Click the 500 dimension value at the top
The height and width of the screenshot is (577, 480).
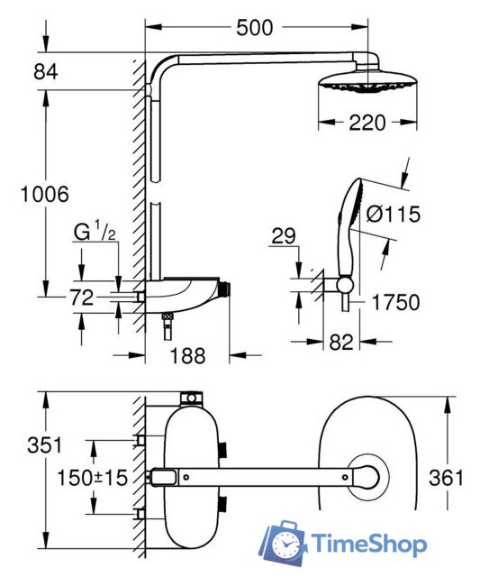point(255,28)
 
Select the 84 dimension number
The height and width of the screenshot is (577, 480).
point(46,72)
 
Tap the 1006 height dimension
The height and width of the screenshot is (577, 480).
point(44,195)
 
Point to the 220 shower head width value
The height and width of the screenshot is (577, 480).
point(367,123)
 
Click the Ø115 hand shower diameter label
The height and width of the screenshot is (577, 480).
point(393,214)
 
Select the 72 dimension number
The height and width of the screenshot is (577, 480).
point(82,298)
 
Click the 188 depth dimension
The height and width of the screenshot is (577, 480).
point(188,356)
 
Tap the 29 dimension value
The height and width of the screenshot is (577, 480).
point(284,236)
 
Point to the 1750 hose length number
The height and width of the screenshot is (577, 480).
point(395,303)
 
